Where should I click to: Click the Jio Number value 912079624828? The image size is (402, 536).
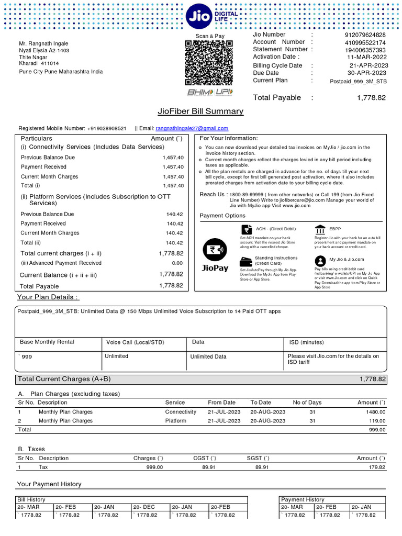(x=365, y=35)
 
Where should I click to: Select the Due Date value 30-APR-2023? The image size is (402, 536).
(x=367, y=73)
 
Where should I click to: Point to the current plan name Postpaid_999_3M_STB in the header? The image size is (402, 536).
(x=359, y=81)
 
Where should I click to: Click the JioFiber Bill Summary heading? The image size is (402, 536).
(x=200, y=111)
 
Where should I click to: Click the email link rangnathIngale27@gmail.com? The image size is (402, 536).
(x=192, y=128)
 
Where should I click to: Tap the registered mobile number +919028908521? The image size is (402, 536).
(x=107, y=128)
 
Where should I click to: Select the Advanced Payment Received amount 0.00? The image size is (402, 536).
(x=177, y=263)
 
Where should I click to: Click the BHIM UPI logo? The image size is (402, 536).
(x=209, y=92)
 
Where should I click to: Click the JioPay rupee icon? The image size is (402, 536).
(x=215, y=250)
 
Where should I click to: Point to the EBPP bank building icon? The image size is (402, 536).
(x=320, y=229)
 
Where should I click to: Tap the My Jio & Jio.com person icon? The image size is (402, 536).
(x=320, y=260)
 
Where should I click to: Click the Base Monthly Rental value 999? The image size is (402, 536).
(x=26, y=356)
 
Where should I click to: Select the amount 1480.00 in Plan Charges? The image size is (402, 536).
(x=375, y=412)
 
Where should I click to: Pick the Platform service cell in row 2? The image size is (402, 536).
(x=175, y=420)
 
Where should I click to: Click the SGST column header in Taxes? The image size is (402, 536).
(x=258, y=458)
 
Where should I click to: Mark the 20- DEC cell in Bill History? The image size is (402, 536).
(x=144, y=507)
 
